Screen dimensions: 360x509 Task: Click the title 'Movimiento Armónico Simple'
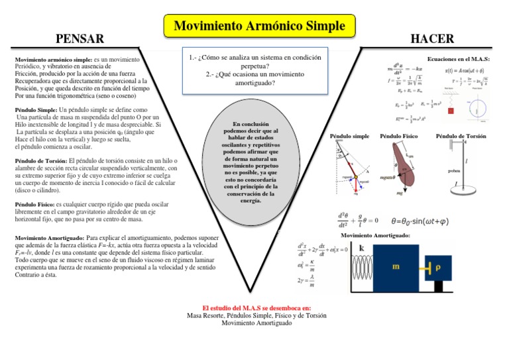(259, 27)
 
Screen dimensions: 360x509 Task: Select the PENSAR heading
(80, 39)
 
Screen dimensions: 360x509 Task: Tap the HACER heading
(432, 39)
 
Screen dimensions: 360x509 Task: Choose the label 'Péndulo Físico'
(398, 136)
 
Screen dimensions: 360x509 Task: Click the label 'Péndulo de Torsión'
(461, 136)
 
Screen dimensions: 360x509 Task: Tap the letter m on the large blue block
(396, 267)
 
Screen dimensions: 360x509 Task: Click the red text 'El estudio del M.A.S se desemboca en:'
(256, 308)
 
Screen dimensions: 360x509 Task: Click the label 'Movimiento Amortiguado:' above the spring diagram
(374, 236)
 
